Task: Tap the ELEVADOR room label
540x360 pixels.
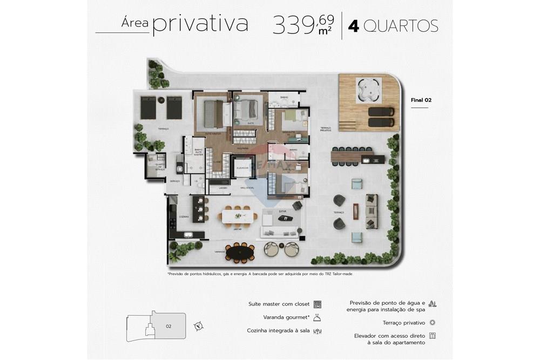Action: point(242,168)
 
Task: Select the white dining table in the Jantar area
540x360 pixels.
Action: point(238,216)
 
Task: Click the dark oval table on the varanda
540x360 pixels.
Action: point(241,252)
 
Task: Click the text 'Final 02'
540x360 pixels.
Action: point(421,100)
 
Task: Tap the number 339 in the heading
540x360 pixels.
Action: point(294,25)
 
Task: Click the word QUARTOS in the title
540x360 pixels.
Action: point(400,26)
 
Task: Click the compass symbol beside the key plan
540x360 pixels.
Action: point(199,325)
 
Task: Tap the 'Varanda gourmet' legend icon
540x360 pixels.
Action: point(318,317)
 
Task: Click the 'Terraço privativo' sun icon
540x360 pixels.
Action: point(433,323)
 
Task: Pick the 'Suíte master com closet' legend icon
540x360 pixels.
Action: point(318,304)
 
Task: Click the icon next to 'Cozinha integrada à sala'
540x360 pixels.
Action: point(318,331)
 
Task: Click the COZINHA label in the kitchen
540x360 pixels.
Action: point(184,216)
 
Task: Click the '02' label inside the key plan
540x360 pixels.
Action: point(168,326)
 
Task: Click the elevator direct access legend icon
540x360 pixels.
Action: point(433,336)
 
